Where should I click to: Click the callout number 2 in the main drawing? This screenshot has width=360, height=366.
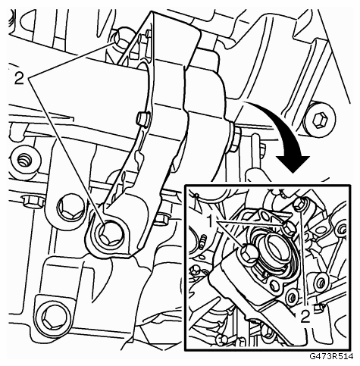coord(19,79)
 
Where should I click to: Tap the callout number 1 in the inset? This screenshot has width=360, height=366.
coord(211,221)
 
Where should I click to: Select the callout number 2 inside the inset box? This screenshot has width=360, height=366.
coord(305,316)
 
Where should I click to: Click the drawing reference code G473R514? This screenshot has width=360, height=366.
coord(331,356)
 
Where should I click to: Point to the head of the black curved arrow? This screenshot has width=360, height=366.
coord(293,164)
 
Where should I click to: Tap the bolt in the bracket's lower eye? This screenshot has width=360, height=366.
coord(111,234)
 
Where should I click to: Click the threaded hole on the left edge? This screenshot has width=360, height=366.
coord(25,160)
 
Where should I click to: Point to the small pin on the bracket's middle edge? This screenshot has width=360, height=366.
coord(143,119)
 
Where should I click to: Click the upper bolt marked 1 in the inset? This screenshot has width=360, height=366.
coord(289,227)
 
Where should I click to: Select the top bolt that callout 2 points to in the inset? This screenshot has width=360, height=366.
coord(300,204)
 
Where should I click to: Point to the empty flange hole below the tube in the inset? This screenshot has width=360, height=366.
coord(275,285)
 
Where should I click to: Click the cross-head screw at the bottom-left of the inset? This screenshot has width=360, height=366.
coord(222,340)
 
